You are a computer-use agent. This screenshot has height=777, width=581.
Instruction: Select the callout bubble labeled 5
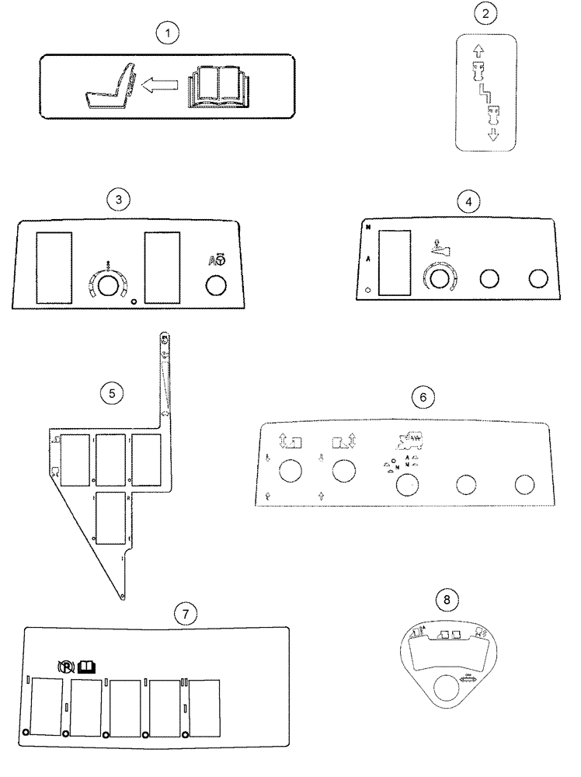(x=112, y=393)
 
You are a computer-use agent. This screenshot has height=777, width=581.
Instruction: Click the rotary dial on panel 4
(x=438, y=279)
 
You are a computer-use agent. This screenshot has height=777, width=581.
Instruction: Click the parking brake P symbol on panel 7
(x=67, y=666)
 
